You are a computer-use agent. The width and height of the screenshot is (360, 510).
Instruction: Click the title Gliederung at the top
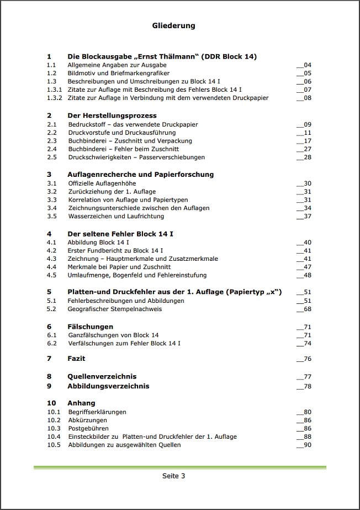pyautogui.click(x=173, y=25)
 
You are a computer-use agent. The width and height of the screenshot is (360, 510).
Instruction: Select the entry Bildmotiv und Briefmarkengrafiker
pyautogui.click(x=118, y=73)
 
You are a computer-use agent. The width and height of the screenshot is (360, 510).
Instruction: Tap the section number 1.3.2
pyautogui.click(x=54, y=98)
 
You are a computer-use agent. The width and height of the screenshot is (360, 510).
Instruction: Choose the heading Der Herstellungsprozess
pyautogui.click(x=112, y=115)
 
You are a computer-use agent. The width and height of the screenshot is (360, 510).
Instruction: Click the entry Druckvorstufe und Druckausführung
pyautogui.click(x=121, y=133)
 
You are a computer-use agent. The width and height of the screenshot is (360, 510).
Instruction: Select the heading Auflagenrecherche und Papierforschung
pyautogui.click(x=140, y=174)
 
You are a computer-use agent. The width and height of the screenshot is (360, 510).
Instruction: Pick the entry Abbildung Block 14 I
pyautogui.click(x=98, y=242)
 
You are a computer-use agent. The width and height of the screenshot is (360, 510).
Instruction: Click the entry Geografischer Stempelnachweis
pyautogui.click(x=114, y=309)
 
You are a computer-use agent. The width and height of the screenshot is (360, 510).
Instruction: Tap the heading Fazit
pyautogui.click(x=76, y=359)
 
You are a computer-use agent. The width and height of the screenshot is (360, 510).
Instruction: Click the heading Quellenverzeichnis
pyautogui.click(x=102, y=376)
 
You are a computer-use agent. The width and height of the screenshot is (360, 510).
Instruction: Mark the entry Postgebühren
pyautogui.click(x=88, y=428)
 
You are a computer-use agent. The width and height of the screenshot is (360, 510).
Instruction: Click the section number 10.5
pyautogui.click(x=54, y=445)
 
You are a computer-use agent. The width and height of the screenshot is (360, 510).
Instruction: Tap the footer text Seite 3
pyautogui.click(x=173, y=476)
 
